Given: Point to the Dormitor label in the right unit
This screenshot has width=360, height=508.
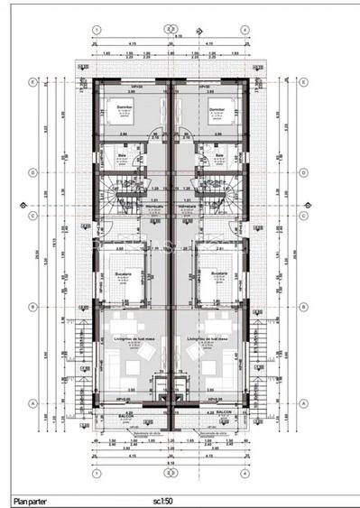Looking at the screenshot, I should tap(215, 106).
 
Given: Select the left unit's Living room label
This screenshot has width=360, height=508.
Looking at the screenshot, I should tap(132, 338).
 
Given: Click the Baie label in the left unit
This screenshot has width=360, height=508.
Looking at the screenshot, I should tap(122, 154).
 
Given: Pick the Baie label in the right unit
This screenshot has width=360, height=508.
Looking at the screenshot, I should tap(220, 154).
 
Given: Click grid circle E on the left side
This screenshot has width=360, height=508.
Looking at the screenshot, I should tap(32, 83).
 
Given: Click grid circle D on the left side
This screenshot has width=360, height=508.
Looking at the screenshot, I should tap(32, 171).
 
